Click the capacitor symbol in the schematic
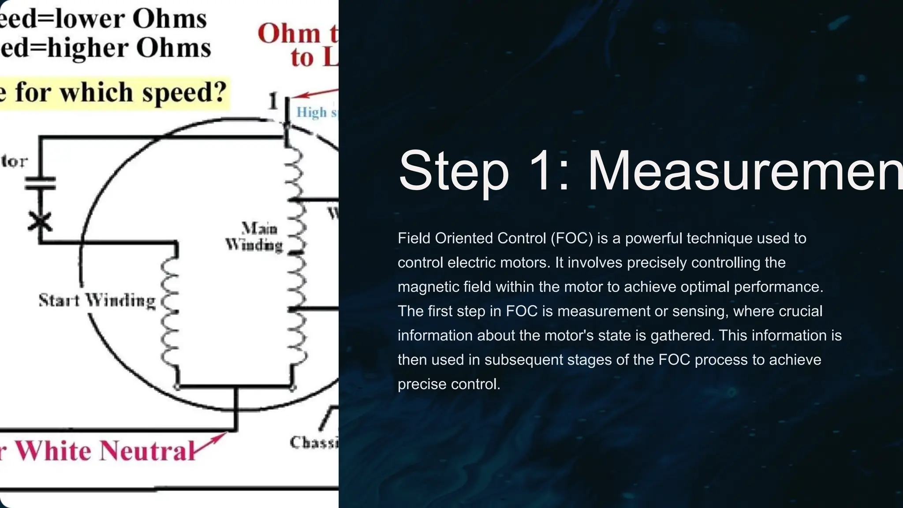click(40, 183)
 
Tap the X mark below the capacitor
click(40, 221)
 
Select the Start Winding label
click(97, 301)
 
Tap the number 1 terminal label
click(273, 101)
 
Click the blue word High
click(311, 112)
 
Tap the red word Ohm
click(289, 34)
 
